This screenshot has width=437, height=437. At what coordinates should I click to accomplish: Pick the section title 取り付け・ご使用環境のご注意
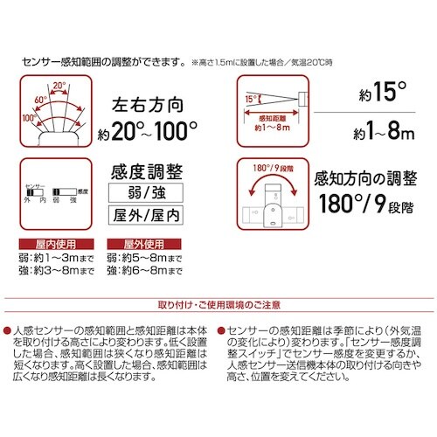pyautogui.click(x=218, y=304)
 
